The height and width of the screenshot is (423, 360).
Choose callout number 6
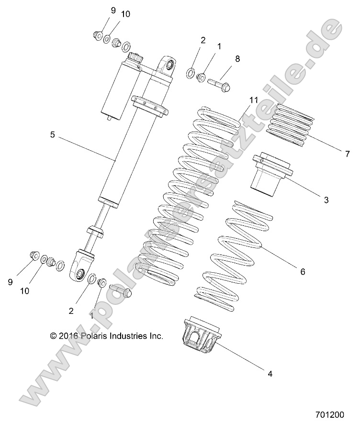[303, 271]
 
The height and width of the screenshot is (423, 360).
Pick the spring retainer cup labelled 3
[270, 175]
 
